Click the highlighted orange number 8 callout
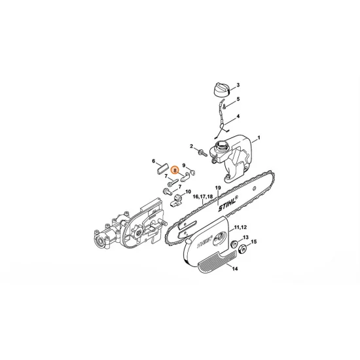coord(175,170)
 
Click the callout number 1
coord(259,138)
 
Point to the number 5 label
coord(238,99)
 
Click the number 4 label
coord(238,117)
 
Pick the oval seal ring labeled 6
coord(162,170)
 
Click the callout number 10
coord(188,192)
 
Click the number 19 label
coord(217,188)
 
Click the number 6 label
coord(154,161)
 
